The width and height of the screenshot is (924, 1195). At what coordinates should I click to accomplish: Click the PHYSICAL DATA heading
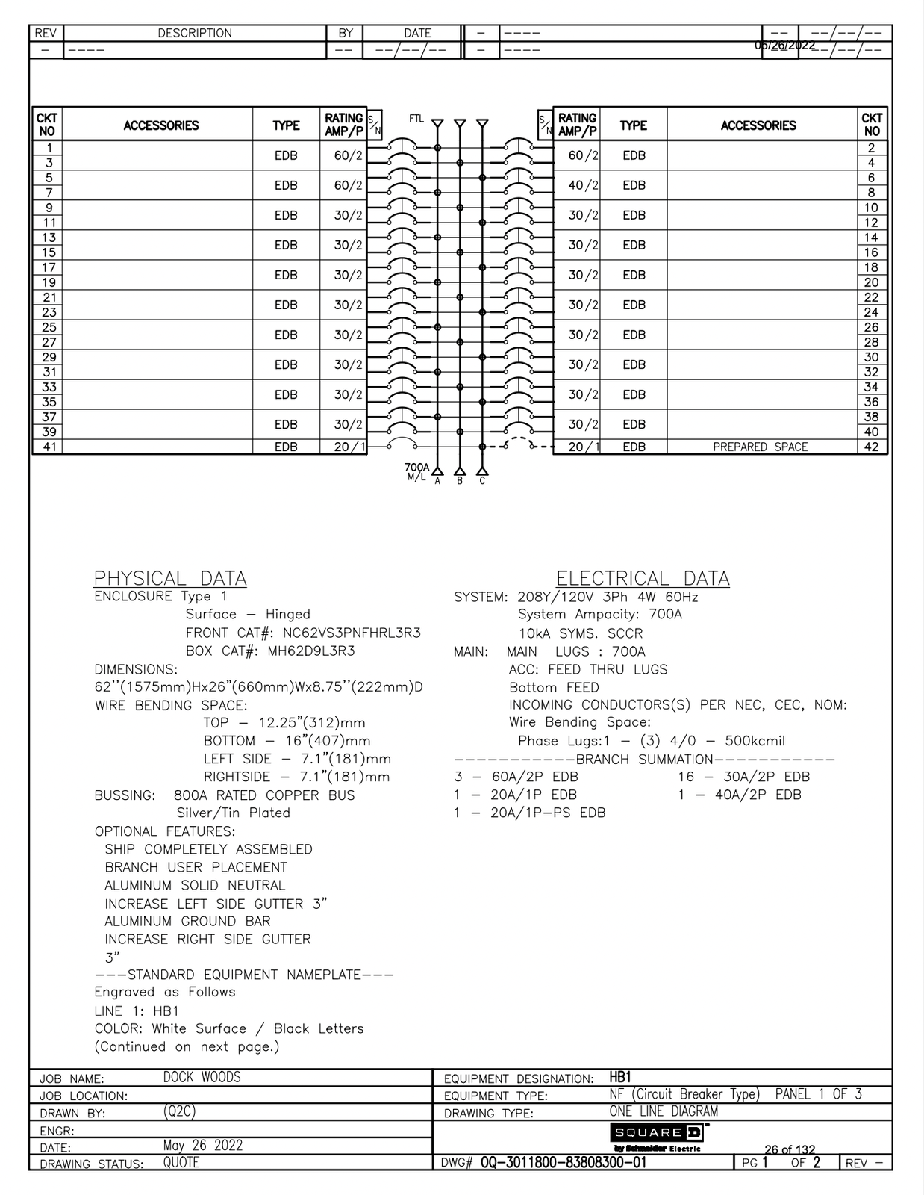coord(170,578)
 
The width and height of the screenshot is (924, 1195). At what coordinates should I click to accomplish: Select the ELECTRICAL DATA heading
coord(643,578)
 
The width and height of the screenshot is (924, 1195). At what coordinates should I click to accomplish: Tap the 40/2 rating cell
coord(583,185)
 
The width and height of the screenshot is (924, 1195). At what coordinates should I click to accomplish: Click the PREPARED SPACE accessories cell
coord(760,447)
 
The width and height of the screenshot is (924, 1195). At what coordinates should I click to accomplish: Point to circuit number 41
coord(49,447)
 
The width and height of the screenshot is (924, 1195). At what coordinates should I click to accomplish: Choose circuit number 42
coord(871,447)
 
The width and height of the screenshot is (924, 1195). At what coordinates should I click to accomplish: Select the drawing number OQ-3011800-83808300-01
coord(564,1162)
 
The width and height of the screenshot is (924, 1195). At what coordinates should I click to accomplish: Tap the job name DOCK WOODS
coord(202,1077)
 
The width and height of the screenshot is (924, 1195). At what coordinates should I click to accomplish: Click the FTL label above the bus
coord(416,118)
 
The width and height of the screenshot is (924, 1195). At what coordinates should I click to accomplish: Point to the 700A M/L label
coord(416,471)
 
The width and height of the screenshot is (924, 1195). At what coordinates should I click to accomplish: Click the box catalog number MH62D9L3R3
coord(311,651)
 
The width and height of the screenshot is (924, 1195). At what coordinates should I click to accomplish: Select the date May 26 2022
coord(202,1145)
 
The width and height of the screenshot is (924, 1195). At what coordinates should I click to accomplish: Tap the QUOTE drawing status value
coord(181,1162)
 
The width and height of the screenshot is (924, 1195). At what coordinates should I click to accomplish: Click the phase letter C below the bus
coord(482,482)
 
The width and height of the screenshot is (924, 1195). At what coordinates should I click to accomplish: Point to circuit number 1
coord(49,148)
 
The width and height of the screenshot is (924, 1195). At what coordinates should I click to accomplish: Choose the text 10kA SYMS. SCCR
coord(580,633)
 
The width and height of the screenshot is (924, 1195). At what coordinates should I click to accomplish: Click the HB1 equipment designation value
coord(620,1077)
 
